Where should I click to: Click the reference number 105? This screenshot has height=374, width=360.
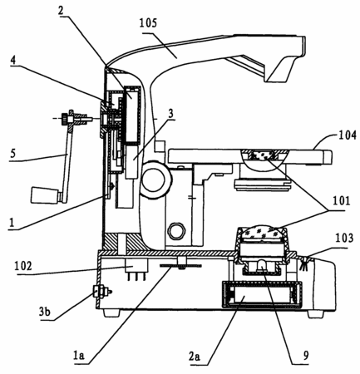click(x=148, y=23)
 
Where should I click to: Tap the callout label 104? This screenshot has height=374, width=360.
click(x=348, y=135)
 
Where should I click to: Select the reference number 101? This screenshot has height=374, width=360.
click(x=342, y=200)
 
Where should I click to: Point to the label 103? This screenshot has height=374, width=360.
click(x=344, y=239)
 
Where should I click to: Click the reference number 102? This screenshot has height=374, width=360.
click(x=23, y=266)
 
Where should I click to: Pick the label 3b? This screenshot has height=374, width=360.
click(x=45, y=312)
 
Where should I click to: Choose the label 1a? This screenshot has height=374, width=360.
click(x=78, y=355)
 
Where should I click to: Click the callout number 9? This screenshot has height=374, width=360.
click(x=305, y=355)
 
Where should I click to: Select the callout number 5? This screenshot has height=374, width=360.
click(x=12, y=153)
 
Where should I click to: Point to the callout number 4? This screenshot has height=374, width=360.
click(x=13, y=60)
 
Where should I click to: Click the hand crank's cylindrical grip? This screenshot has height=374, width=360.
click(x=45, y=195)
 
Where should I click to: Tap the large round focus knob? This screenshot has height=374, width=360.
click(x=155, y=180)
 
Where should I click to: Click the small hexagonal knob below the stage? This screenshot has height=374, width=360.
click(x=176, y=230)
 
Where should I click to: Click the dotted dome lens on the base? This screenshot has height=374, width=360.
click(x=262, y=231)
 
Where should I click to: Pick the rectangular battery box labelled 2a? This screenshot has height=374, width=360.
click(x=262, y=295)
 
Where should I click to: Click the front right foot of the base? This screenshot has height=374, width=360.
click(x=315, y=314)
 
